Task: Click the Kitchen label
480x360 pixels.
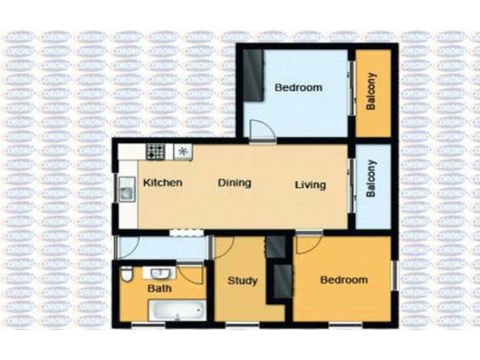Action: (x=163, y=183)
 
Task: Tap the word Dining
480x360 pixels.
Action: (x=234, y=183)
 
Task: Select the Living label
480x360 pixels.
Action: (x=310, y=185)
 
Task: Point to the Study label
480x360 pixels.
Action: (x=243, y=281)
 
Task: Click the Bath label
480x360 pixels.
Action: (x=160, y=289)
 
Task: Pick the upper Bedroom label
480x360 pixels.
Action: (x=298, y=88)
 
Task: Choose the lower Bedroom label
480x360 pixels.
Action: (x=343, y=280)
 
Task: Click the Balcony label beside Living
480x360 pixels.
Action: (x=371, y=178)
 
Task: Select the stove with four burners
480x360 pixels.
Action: (x=156, y=152)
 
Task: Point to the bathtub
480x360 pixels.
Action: (x=176, y=311)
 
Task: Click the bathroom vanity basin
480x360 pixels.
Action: (x=159, y=274)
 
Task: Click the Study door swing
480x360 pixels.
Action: (x=223, y=247)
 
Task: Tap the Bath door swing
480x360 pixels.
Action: (x=193, y=274)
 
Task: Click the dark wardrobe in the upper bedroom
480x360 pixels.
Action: (x=253, y=74)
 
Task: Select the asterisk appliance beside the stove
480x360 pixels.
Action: (x=183, y=152)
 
